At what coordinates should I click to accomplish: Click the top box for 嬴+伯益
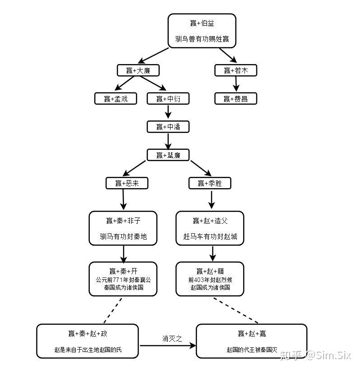pos(202,31)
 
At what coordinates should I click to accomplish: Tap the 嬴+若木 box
pos(235,70)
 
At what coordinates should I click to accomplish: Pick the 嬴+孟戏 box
pos(115,99)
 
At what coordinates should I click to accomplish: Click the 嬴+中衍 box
pos(168,99)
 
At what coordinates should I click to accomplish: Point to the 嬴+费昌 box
pos(235,99)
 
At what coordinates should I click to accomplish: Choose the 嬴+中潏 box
pos(168,127)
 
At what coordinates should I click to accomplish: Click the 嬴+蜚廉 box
pos(168,155)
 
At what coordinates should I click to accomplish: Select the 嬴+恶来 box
pos(127,183)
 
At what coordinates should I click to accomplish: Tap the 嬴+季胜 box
pos(210,183)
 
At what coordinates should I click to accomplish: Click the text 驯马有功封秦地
pos(123,236)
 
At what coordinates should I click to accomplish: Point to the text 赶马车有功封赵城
pos(210,236)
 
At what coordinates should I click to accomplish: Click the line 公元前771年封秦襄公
pos(123,280)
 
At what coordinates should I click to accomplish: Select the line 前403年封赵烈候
pos(210,280)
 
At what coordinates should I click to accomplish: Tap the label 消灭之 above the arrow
pos(172,338)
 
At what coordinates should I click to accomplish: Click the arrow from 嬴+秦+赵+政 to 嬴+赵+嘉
pos(168,346)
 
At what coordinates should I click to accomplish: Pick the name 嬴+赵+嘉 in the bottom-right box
pos(252,334)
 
